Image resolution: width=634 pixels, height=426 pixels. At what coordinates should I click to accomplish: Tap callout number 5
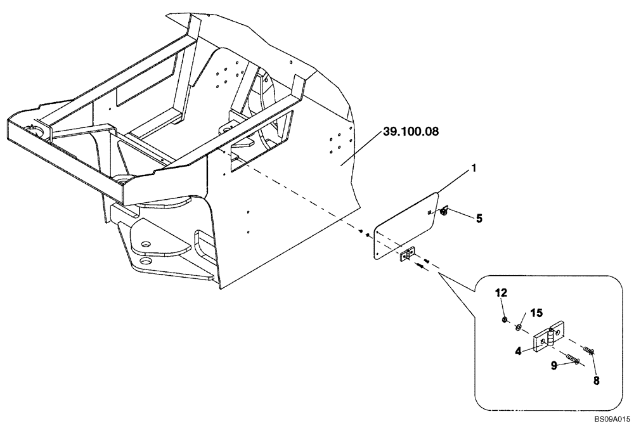(x=479, y=219)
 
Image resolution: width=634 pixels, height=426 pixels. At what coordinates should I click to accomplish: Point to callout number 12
(x=501, y=293)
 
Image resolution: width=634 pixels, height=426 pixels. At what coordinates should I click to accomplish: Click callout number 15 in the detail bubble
(x=537, y=313)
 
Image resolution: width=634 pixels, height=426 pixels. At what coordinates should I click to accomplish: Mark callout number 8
(x=596, y=380)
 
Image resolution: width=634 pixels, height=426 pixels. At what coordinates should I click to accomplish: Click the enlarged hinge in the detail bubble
(x=548, y=335)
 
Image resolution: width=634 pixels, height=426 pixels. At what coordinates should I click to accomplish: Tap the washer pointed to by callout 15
(x=519, y=327)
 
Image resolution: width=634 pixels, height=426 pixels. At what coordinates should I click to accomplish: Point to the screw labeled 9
(x=574, y=359)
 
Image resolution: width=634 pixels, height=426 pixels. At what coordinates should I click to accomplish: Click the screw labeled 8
(x=589, y=350)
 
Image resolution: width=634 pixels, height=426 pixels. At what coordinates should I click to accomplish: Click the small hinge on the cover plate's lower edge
(x=406, y=255)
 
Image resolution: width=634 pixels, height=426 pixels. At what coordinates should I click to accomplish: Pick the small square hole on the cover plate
(x=429, y=212)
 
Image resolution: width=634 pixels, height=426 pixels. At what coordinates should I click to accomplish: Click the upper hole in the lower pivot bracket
(x=146, y=244)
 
